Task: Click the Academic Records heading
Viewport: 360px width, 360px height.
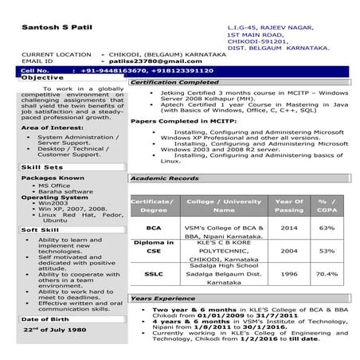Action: [x=165, y=178]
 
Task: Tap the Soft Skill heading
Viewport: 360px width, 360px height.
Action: [x=40, y=230]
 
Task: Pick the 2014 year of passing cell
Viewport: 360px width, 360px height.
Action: [x=289, y=227]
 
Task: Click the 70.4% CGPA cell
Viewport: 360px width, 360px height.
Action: [x=327, y=273]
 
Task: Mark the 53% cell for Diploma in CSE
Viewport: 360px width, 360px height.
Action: [x=327, y=250]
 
